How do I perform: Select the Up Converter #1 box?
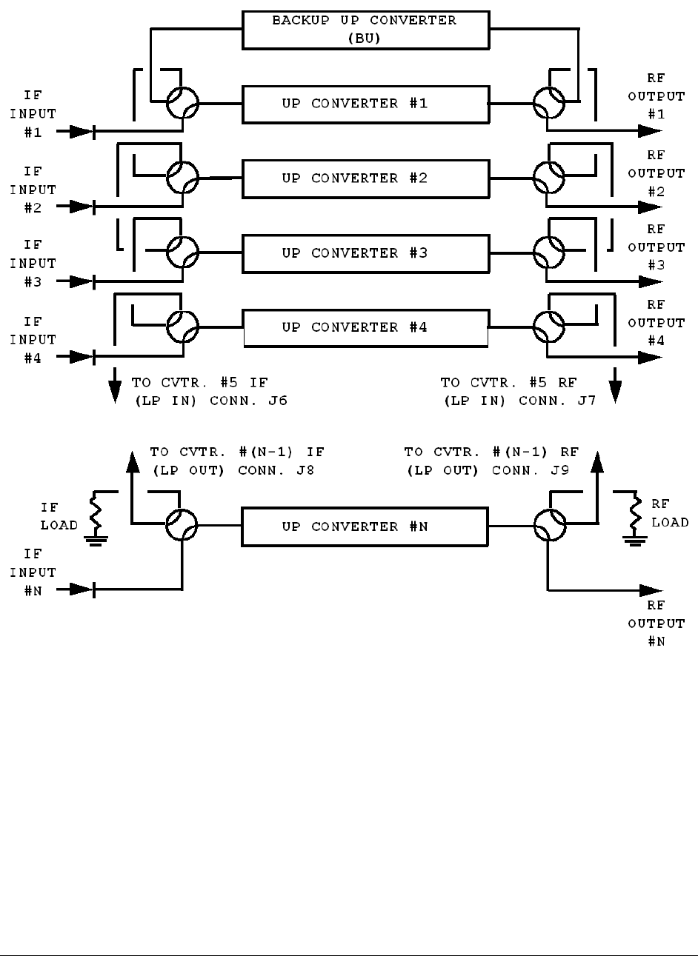pos(365,104)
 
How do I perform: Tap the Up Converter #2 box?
pos(365,178)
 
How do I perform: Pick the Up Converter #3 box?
pos(365,253)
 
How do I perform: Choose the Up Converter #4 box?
pos(365,327)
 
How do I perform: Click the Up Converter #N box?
pos(365,527)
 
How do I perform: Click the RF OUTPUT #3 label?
pos(657,247)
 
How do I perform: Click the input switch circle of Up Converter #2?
pos(182,178)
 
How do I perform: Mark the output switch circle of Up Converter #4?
pos(548,327)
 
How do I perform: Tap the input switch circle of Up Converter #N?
pos(182,527)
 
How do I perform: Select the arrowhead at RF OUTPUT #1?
pos(651,131)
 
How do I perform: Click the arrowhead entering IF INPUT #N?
pos(80,589)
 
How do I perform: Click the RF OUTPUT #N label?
pos(657,624)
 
